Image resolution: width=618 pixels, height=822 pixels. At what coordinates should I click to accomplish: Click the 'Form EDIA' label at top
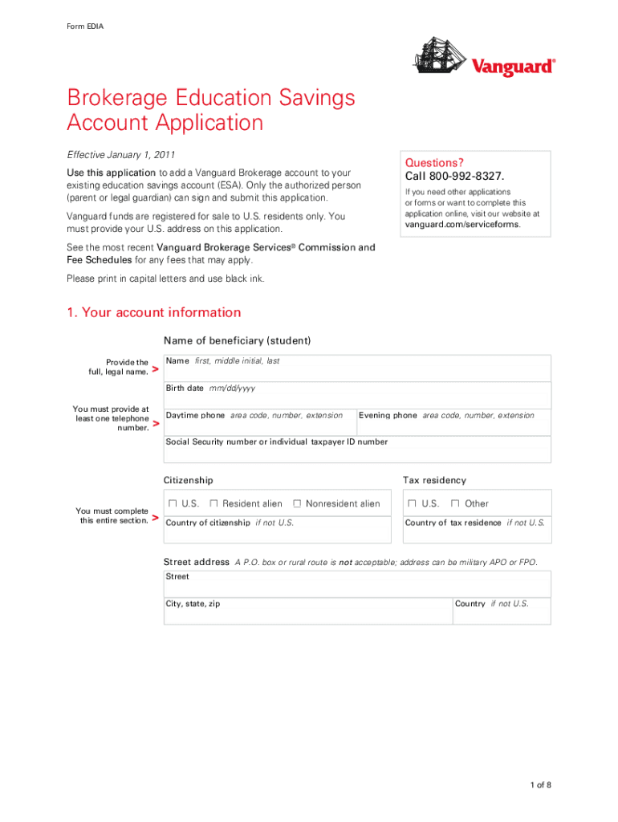pos(84,26)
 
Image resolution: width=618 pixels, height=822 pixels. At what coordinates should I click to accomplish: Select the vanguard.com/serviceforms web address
pos(462,225)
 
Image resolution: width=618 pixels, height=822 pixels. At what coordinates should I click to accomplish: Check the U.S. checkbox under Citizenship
pos(173,503)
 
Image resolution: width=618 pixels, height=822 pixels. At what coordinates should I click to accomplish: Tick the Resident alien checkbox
pos(214,503)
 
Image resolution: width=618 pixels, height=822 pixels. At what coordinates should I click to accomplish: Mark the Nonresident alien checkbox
pos(297,503)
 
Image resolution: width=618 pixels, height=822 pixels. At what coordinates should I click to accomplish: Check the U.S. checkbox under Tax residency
pos(412,503)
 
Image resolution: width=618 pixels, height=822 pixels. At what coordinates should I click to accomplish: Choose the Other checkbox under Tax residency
pos(455,503)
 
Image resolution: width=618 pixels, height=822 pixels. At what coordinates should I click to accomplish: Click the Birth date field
pos(357,398)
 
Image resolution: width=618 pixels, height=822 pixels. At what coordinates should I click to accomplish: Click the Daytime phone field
pos(259,426)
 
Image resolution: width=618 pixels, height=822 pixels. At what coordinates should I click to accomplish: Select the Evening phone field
pos(453,426)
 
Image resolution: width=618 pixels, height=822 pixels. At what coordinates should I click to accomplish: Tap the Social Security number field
pos(357,453)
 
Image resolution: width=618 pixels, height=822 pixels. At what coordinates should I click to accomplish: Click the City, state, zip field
pos(307,614)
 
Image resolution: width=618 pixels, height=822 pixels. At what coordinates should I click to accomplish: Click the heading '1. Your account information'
pos(154,312)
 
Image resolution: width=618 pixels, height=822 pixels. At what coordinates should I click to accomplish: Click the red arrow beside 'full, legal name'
pos(155,368)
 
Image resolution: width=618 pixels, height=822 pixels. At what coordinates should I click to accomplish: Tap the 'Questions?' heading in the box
pos(434,162)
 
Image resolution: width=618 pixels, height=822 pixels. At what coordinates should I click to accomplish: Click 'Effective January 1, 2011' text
pos(121,154)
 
